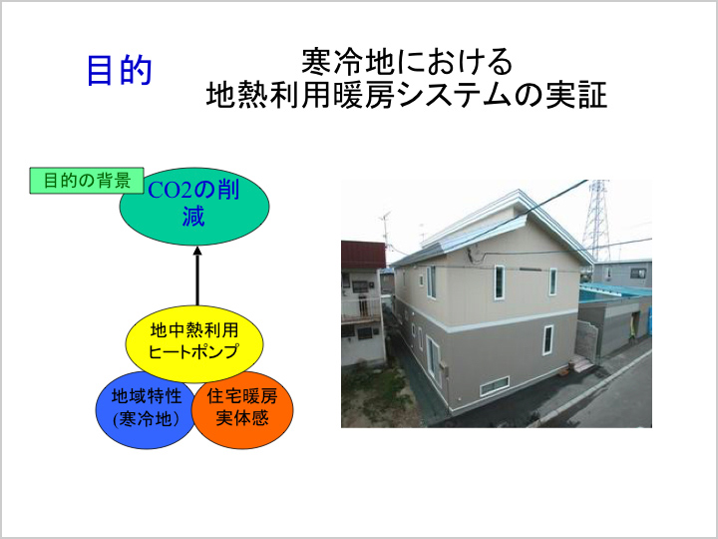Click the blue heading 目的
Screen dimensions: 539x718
point(119,70)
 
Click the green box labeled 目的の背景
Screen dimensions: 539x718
point(87,181)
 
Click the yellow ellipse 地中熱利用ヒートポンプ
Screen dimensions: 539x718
point(194,341)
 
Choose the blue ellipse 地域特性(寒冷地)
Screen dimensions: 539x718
point(146,407)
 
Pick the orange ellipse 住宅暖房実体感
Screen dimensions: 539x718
point(242,407)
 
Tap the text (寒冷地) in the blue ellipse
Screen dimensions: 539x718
point(146,418)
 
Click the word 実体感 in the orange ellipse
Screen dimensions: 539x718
point(242,418)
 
